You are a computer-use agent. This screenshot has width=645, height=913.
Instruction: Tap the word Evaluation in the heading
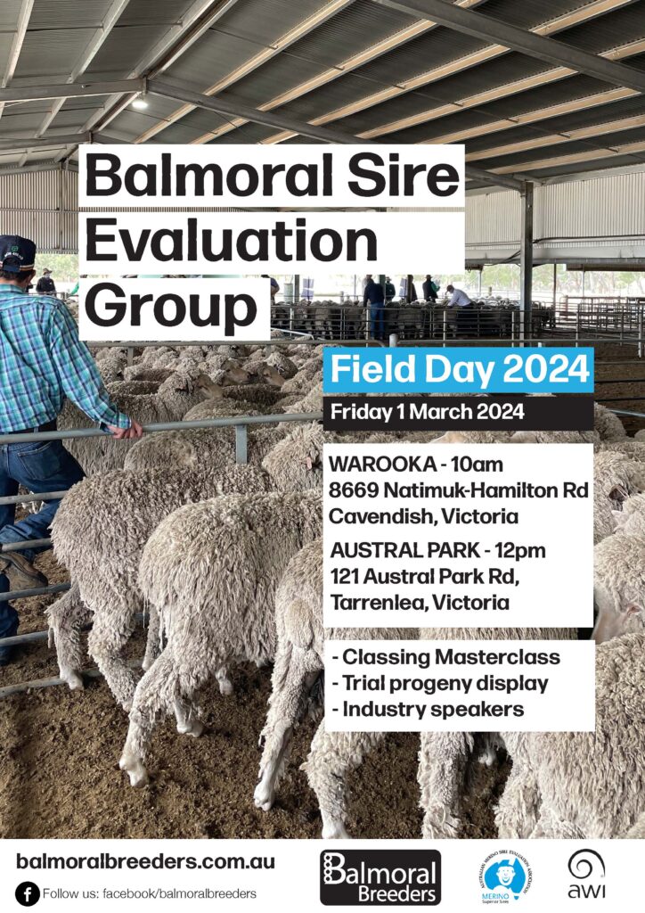click(232, 241)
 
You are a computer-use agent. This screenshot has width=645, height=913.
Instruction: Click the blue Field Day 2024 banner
click(459, 370)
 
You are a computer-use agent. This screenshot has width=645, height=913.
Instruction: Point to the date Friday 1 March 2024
click(428, 412)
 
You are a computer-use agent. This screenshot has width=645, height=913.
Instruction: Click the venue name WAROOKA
click(382, 465)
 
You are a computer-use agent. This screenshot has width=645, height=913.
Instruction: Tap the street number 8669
click(353, 490)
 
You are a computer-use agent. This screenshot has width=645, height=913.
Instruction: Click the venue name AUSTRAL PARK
click(405, 550)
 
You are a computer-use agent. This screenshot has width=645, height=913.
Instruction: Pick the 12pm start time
click(520, 551)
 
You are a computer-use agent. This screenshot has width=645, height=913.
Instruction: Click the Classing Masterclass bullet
click(446, 657)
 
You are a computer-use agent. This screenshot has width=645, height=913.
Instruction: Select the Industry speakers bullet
click(428, 710)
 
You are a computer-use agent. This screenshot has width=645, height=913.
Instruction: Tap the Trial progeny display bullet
click(440, 684)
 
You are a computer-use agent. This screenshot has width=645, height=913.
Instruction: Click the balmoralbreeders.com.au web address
click(146, 861)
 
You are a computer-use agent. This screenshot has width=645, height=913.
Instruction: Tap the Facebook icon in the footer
click(27, 893)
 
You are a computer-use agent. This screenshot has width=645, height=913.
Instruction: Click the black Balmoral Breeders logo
click(380, 877)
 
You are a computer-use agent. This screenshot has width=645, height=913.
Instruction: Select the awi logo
click(586, 874)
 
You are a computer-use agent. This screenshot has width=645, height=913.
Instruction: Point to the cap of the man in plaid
click(17, 251)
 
